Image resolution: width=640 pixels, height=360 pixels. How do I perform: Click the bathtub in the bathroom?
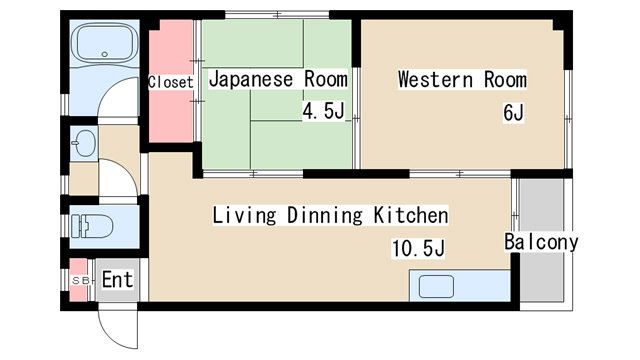[104, 42]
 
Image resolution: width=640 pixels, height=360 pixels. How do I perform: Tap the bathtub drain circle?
[104, 54]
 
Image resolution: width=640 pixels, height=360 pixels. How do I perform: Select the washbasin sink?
[84, 143]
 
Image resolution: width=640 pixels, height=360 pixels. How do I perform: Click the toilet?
[92, 226]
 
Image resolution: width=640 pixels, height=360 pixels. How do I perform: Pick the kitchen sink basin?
[436, 286]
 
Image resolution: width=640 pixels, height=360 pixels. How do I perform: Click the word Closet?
[170, 82]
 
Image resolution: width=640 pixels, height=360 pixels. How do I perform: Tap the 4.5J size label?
[323, 111]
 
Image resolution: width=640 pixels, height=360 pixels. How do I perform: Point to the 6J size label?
[513, 113]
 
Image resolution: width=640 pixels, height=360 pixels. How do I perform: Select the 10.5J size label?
[418, 248]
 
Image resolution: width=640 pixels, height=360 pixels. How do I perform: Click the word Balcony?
[541, 242]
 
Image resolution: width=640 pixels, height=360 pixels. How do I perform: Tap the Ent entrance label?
[117, 280]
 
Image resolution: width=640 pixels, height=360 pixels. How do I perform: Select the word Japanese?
[251, 79]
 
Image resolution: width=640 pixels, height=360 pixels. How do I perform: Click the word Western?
[436, 79]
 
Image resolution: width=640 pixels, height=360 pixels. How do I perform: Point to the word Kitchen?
[411, 215]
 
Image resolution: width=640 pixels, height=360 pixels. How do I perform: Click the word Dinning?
[324, 215]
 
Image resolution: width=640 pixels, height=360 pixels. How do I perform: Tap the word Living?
[244, 215]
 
